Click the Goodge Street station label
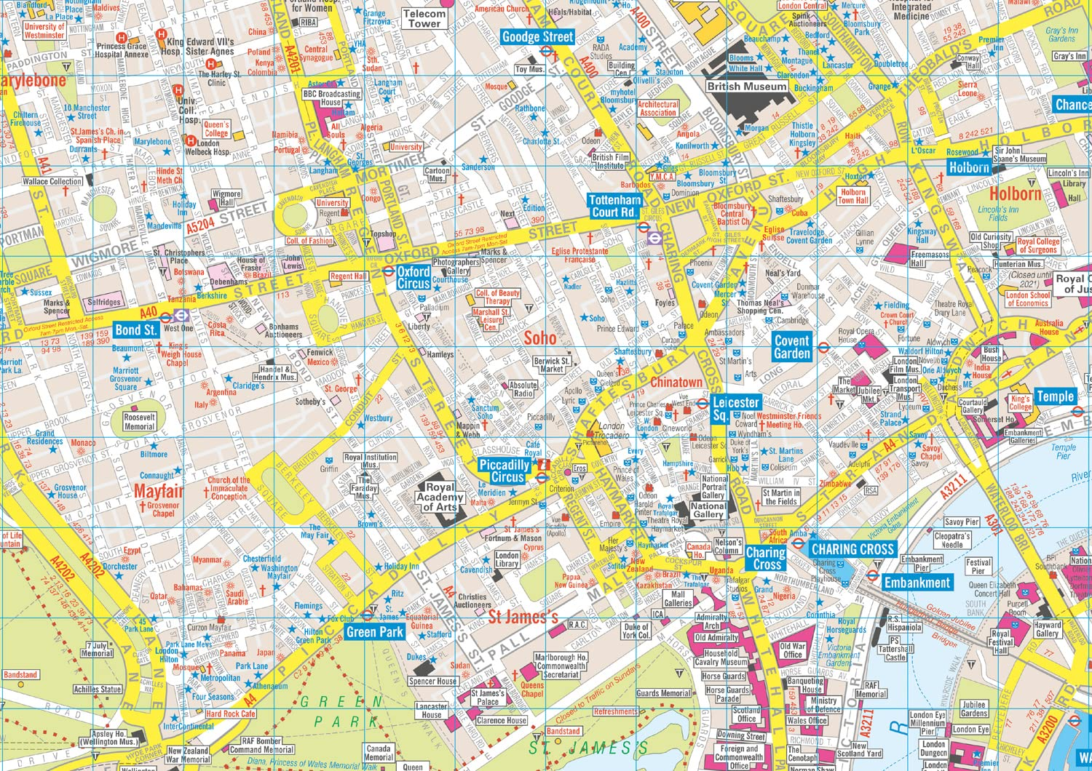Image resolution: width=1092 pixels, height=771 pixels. point(538,37)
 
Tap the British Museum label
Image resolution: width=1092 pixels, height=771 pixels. point(747,86)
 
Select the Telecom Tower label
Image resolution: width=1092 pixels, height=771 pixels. point(424,18)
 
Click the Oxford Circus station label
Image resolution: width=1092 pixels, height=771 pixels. point(414,277)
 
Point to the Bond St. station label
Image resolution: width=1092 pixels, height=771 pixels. point(135,329)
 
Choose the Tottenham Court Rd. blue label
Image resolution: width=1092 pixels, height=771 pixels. point(614,206)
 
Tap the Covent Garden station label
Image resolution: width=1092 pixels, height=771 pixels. point(791,347)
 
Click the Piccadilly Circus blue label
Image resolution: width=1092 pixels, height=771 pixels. point(504,471)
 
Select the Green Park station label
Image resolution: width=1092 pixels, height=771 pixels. point(374,632)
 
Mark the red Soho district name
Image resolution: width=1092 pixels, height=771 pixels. point(540,337)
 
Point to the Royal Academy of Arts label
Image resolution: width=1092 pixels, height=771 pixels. point(440,497)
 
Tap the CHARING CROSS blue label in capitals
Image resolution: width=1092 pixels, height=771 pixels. point(852,550)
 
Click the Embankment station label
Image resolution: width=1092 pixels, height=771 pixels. point(917,583)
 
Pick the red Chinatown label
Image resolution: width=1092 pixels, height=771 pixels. point(676,382)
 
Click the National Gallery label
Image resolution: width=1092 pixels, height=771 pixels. point(708,510)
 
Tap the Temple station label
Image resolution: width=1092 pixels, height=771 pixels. point(1055,396)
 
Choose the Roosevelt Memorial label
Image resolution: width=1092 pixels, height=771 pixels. point(139,422)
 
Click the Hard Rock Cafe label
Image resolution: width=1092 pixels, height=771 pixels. point(230,714)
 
